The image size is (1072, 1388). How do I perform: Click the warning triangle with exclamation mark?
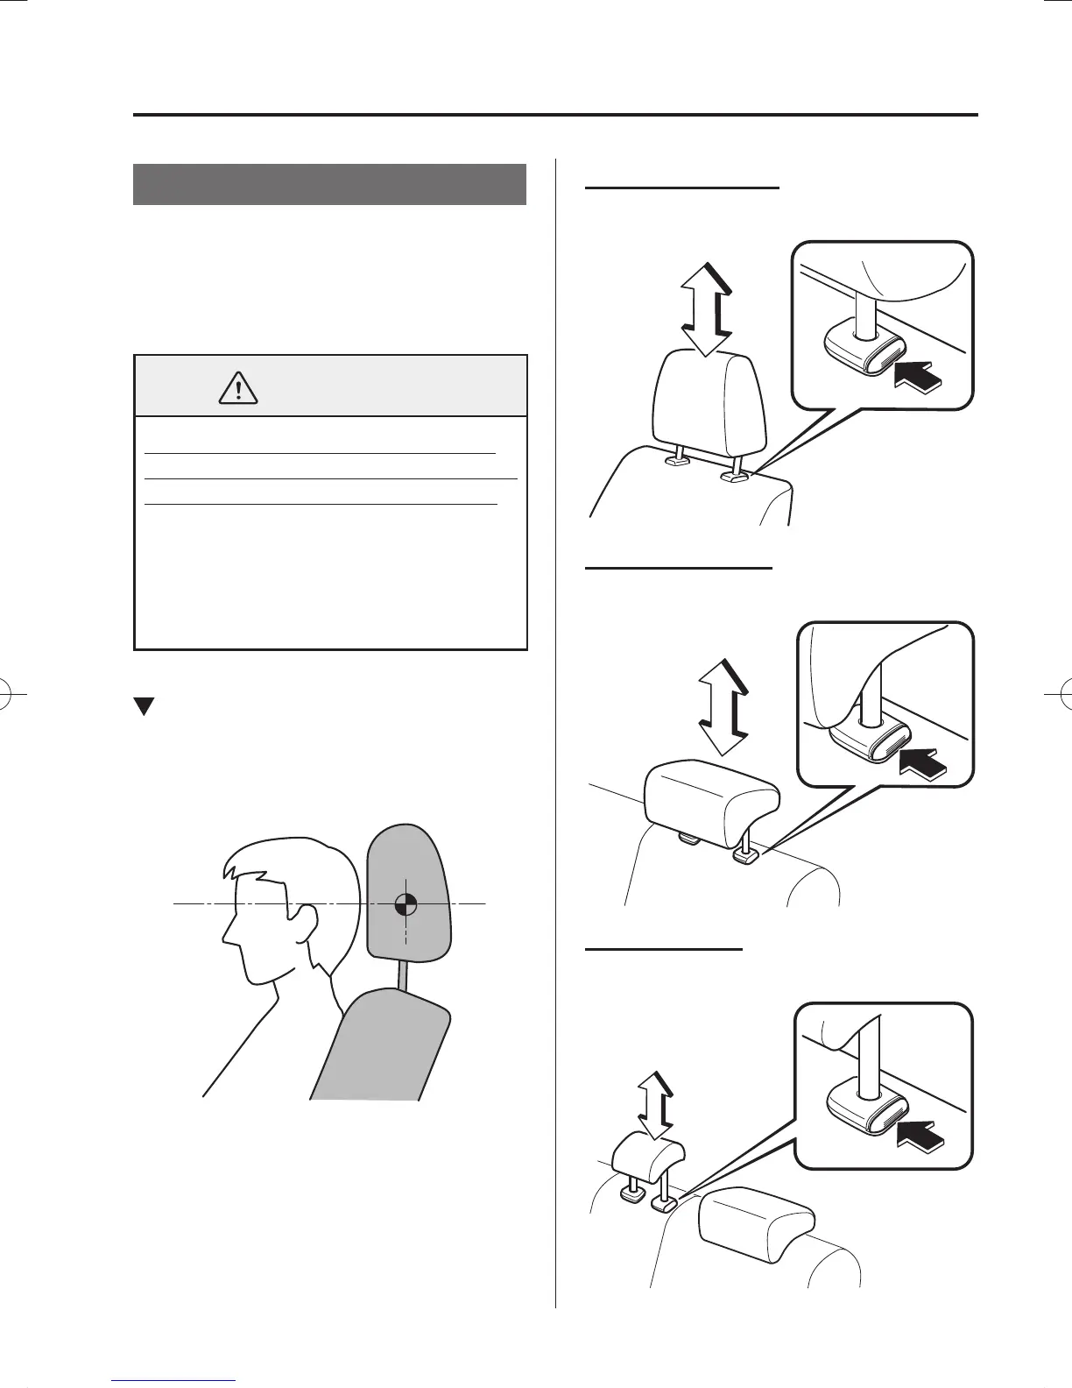(x=239, y=386)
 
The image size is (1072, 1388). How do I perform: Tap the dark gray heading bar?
(x=329, y=184)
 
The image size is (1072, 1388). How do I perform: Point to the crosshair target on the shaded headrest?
(x=406, y=903)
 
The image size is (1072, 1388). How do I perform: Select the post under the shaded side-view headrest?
(x=404, y=972)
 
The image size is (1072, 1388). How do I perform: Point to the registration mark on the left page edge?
(x=12, y=693)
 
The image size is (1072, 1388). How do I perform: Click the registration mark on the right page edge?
(x=1059, y=693)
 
